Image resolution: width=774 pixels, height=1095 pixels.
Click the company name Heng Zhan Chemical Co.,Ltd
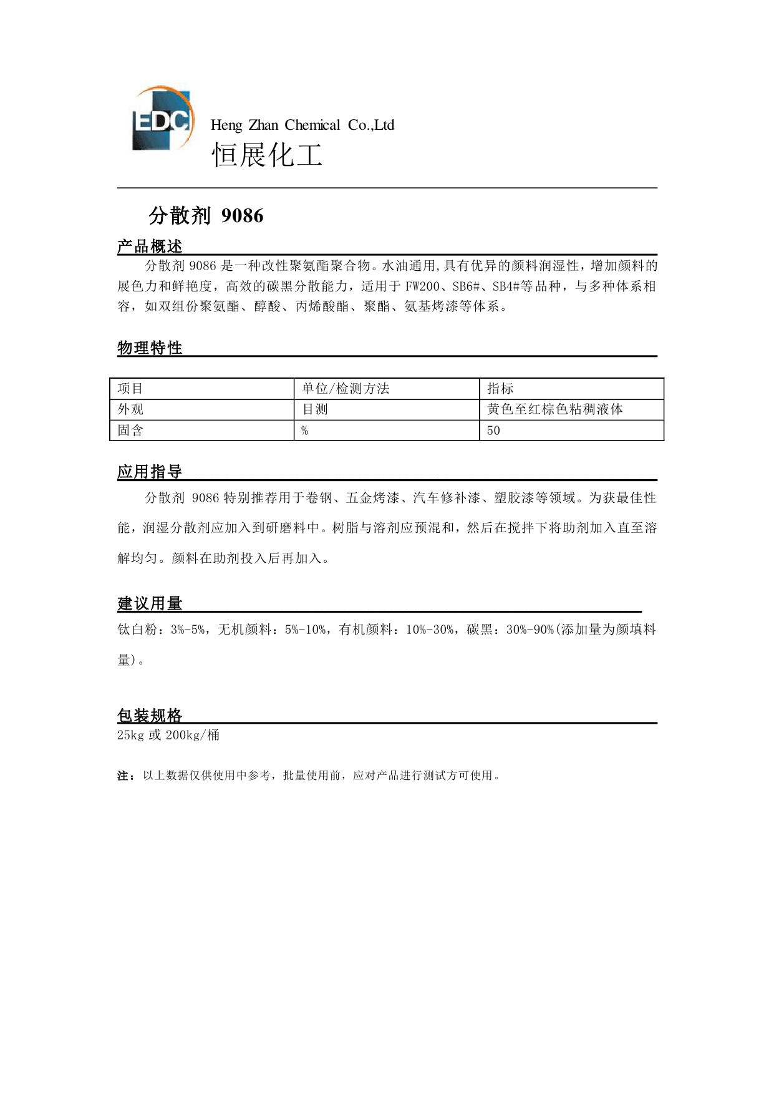302,125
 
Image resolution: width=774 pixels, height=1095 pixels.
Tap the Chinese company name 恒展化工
267,154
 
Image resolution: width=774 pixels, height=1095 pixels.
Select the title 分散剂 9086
206,216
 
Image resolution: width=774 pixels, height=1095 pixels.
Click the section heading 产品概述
150,246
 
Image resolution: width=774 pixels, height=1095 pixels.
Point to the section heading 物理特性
150,348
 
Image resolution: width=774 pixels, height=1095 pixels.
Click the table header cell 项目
130,389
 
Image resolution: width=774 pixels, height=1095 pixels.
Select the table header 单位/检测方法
346,389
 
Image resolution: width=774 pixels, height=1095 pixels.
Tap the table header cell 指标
500,389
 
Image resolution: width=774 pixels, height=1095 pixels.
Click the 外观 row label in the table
130,409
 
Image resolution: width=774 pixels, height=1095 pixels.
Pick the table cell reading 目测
315,409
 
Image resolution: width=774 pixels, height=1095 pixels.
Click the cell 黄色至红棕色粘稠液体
555,409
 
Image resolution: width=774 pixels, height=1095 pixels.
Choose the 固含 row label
130,430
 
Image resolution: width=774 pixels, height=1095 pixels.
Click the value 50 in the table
493,431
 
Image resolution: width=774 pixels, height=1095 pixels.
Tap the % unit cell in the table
305,431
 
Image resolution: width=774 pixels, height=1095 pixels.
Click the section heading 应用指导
150,472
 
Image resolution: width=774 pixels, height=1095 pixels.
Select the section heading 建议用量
150,603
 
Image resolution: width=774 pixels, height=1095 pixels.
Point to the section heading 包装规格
150,715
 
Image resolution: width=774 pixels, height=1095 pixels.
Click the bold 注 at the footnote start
123,776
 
